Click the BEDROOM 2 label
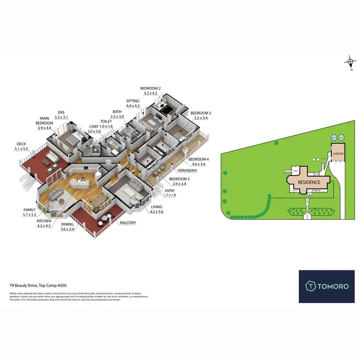[150, 88]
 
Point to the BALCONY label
[128, 223]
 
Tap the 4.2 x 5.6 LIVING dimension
[157, 212]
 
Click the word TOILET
[106, 121]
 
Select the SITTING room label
[133, 101]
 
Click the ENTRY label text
[170, 191]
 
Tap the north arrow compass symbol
[351, 62]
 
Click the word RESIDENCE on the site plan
[309, 182]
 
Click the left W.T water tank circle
[334, 138]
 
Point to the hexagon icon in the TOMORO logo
[311, 287]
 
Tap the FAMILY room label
[30, 210]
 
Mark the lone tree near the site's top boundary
[275, 143]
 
